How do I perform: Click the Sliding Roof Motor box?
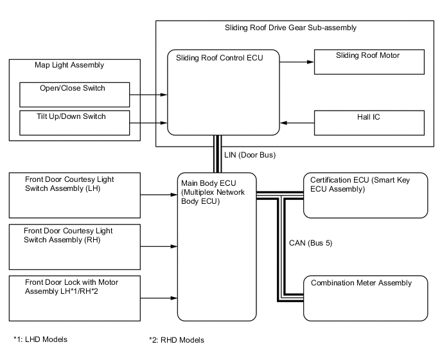coord(369,62)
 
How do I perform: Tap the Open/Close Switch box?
coord(75,94)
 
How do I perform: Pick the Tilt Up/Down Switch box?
coord(75,123)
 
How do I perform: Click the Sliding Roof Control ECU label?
coord(219,58)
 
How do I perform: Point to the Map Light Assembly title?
coord(69,65)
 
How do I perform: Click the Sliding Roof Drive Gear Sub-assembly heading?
coord(290,28)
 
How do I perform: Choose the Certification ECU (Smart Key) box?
coord(365,195)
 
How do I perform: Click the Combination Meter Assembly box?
coord(365,298)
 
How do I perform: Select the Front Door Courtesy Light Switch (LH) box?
coord(75,194)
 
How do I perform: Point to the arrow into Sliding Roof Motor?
coord(297,62)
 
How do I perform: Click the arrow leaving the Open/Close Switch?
coord(149,94)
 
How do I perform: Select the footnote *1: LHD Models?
coord(40,339)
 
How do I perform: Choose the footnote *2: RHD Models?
coord(176,339)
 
